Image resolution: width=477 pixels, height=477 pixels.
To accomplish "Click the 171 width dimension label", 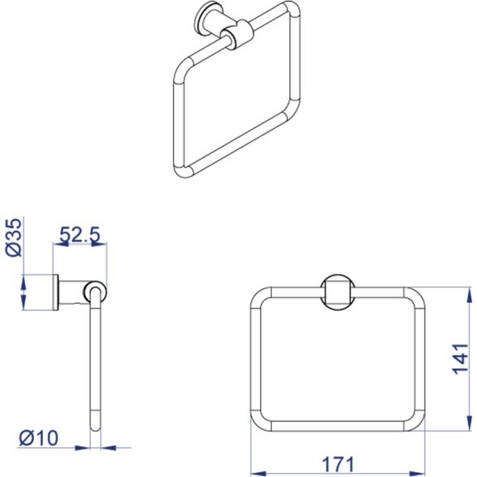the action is click(x=338, y=465).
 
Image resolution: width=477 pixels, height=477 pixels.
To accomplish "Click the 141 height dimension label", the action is click(x=460, y=359).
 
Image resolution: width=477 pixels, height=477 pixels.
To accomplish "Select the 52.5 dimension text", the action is click(x=79, y=235).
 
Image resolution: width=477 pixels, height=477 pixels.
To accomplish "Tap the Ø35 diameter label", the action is click(x=15, y=237).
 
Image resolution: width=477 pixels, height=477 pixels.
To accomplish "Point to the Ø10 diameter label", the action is click(x=39, y=438).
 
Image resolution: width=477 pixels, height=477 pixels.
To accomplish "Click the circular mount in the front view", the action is click(x=338, y=292).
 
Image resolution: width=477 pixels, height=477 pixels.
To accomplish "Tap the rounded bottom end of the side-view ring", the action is click(x=96, y=424).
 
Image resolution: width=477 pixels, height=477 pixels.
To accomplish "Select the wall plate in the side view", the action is click(x=56, y=292).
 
